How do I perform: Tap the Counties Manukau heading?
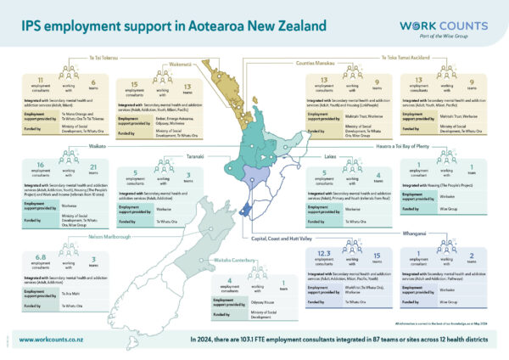pos(314,62)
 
